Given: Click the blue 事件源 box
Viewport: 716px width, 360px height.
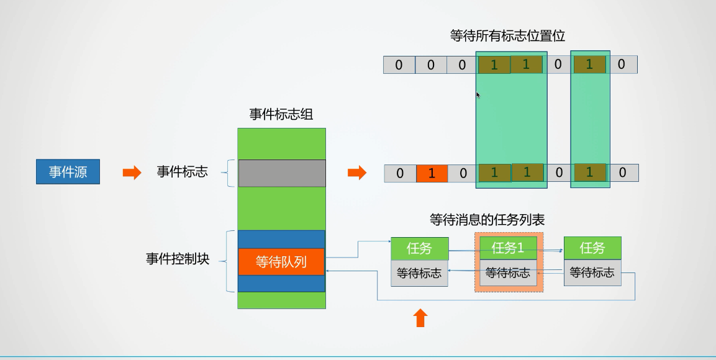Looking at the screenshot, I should click(68, 172).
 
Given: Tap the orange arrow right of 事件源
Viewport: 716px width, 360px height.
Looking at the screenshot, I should click(132, 173).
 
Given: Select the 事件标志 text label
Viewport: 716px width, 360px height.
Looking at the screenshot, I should click(182, 172).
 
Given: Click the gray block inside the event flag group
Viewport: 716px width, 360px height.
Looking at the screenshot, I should click(281, 173).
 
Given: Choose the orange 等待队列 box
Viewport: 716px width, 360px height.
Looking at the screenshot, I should click(281, 261).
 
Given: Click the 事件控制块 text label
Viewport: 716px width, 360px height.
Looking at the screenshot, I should click(178, 259).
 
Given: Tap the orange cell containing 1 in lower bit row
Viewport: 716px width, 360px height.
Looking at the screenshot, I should click(432, 173).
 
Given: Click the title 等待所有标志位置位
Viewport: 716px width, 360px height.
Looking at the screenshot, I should click(507, 35).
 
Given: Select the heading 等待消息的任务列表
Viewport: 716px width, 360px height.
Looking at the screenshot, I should click(487, 220).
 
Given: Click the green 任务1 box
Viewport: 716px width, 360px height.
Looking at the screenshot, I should click(508, 248).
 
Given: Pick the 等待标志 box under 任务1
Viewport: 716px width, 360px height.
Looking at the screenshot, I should click(508, 272).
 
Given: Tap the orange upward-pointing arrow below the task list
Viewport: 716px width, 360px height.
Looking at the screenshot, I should click(420, 318).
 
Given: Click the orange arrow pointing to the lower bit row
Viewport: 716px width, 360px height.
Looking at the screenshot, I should click(356, 173).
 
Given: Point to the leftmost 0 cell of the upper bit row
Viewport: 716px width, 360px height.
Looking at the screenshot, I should click(399, 65).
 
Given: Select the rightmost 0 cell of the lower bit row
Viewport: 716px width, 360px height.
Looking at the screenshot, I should click(622, 173).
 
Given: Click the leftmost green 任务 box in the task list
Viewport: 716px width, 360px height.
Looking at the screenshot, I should click(419, 248).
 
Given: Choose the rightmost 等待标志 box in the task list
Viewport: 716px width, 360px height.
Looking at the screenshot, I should click(592, 272).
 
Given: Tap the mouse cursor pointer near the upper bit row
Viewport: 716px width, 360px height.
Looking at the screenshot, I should click(478, 95).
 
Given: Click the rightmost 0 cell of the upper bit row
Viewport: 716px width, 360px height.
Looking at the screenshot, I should click(621, 65).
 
